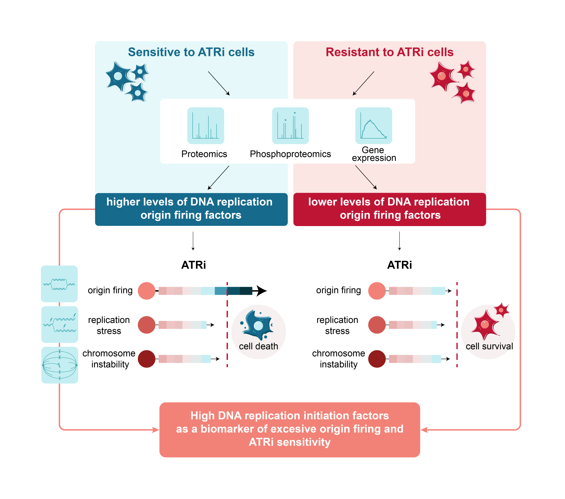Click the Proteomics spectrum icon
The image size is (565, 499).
pyautogui.click(x=206, y=126)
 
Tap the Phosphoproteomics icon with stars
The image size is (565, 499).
pyautogui.click(x=290, y=126)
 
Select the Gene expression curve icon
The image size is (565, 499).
pyautogui.click(x=373, y=126)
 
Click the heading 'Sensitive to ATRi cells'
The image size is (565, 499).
pyautogui.click(x=191, y=52)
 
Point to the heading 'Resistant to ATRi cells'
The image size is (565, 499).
pyautogui.click(x=390, y=52)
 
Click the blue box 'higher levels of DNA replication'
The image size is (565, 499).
pyautogui.click(x=191, y=209)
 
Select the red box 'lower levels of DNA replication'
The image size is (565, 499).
pyautogui.click(x=390, y=209)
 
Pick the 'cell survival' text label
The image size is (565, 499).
pyautogui.click(x=489, y=346)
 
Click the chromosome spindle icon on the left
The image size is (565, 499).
pyautogui.click(x=60, y=365)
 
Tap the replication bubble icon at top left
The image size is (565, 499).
pyautogui.click(x=59, y=284)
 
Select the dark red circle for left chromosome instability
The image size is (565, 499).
pyautogui.click(x=147, y=359)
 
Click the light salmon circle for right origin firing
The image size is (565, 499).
pyautogui.click(x=377, y=291)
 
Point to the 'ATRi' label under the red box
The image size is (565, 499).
pyautogui.click(x=399, y=265)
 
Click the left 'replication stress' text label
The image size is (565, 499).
pyautogui.click(x=109, y=325)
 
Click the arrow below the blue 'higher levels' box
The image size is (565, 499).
pyautogui.click(x=193, y=241)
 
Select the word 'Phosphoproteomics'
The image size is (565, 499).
pyautogui.click(x=290, y=154)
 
